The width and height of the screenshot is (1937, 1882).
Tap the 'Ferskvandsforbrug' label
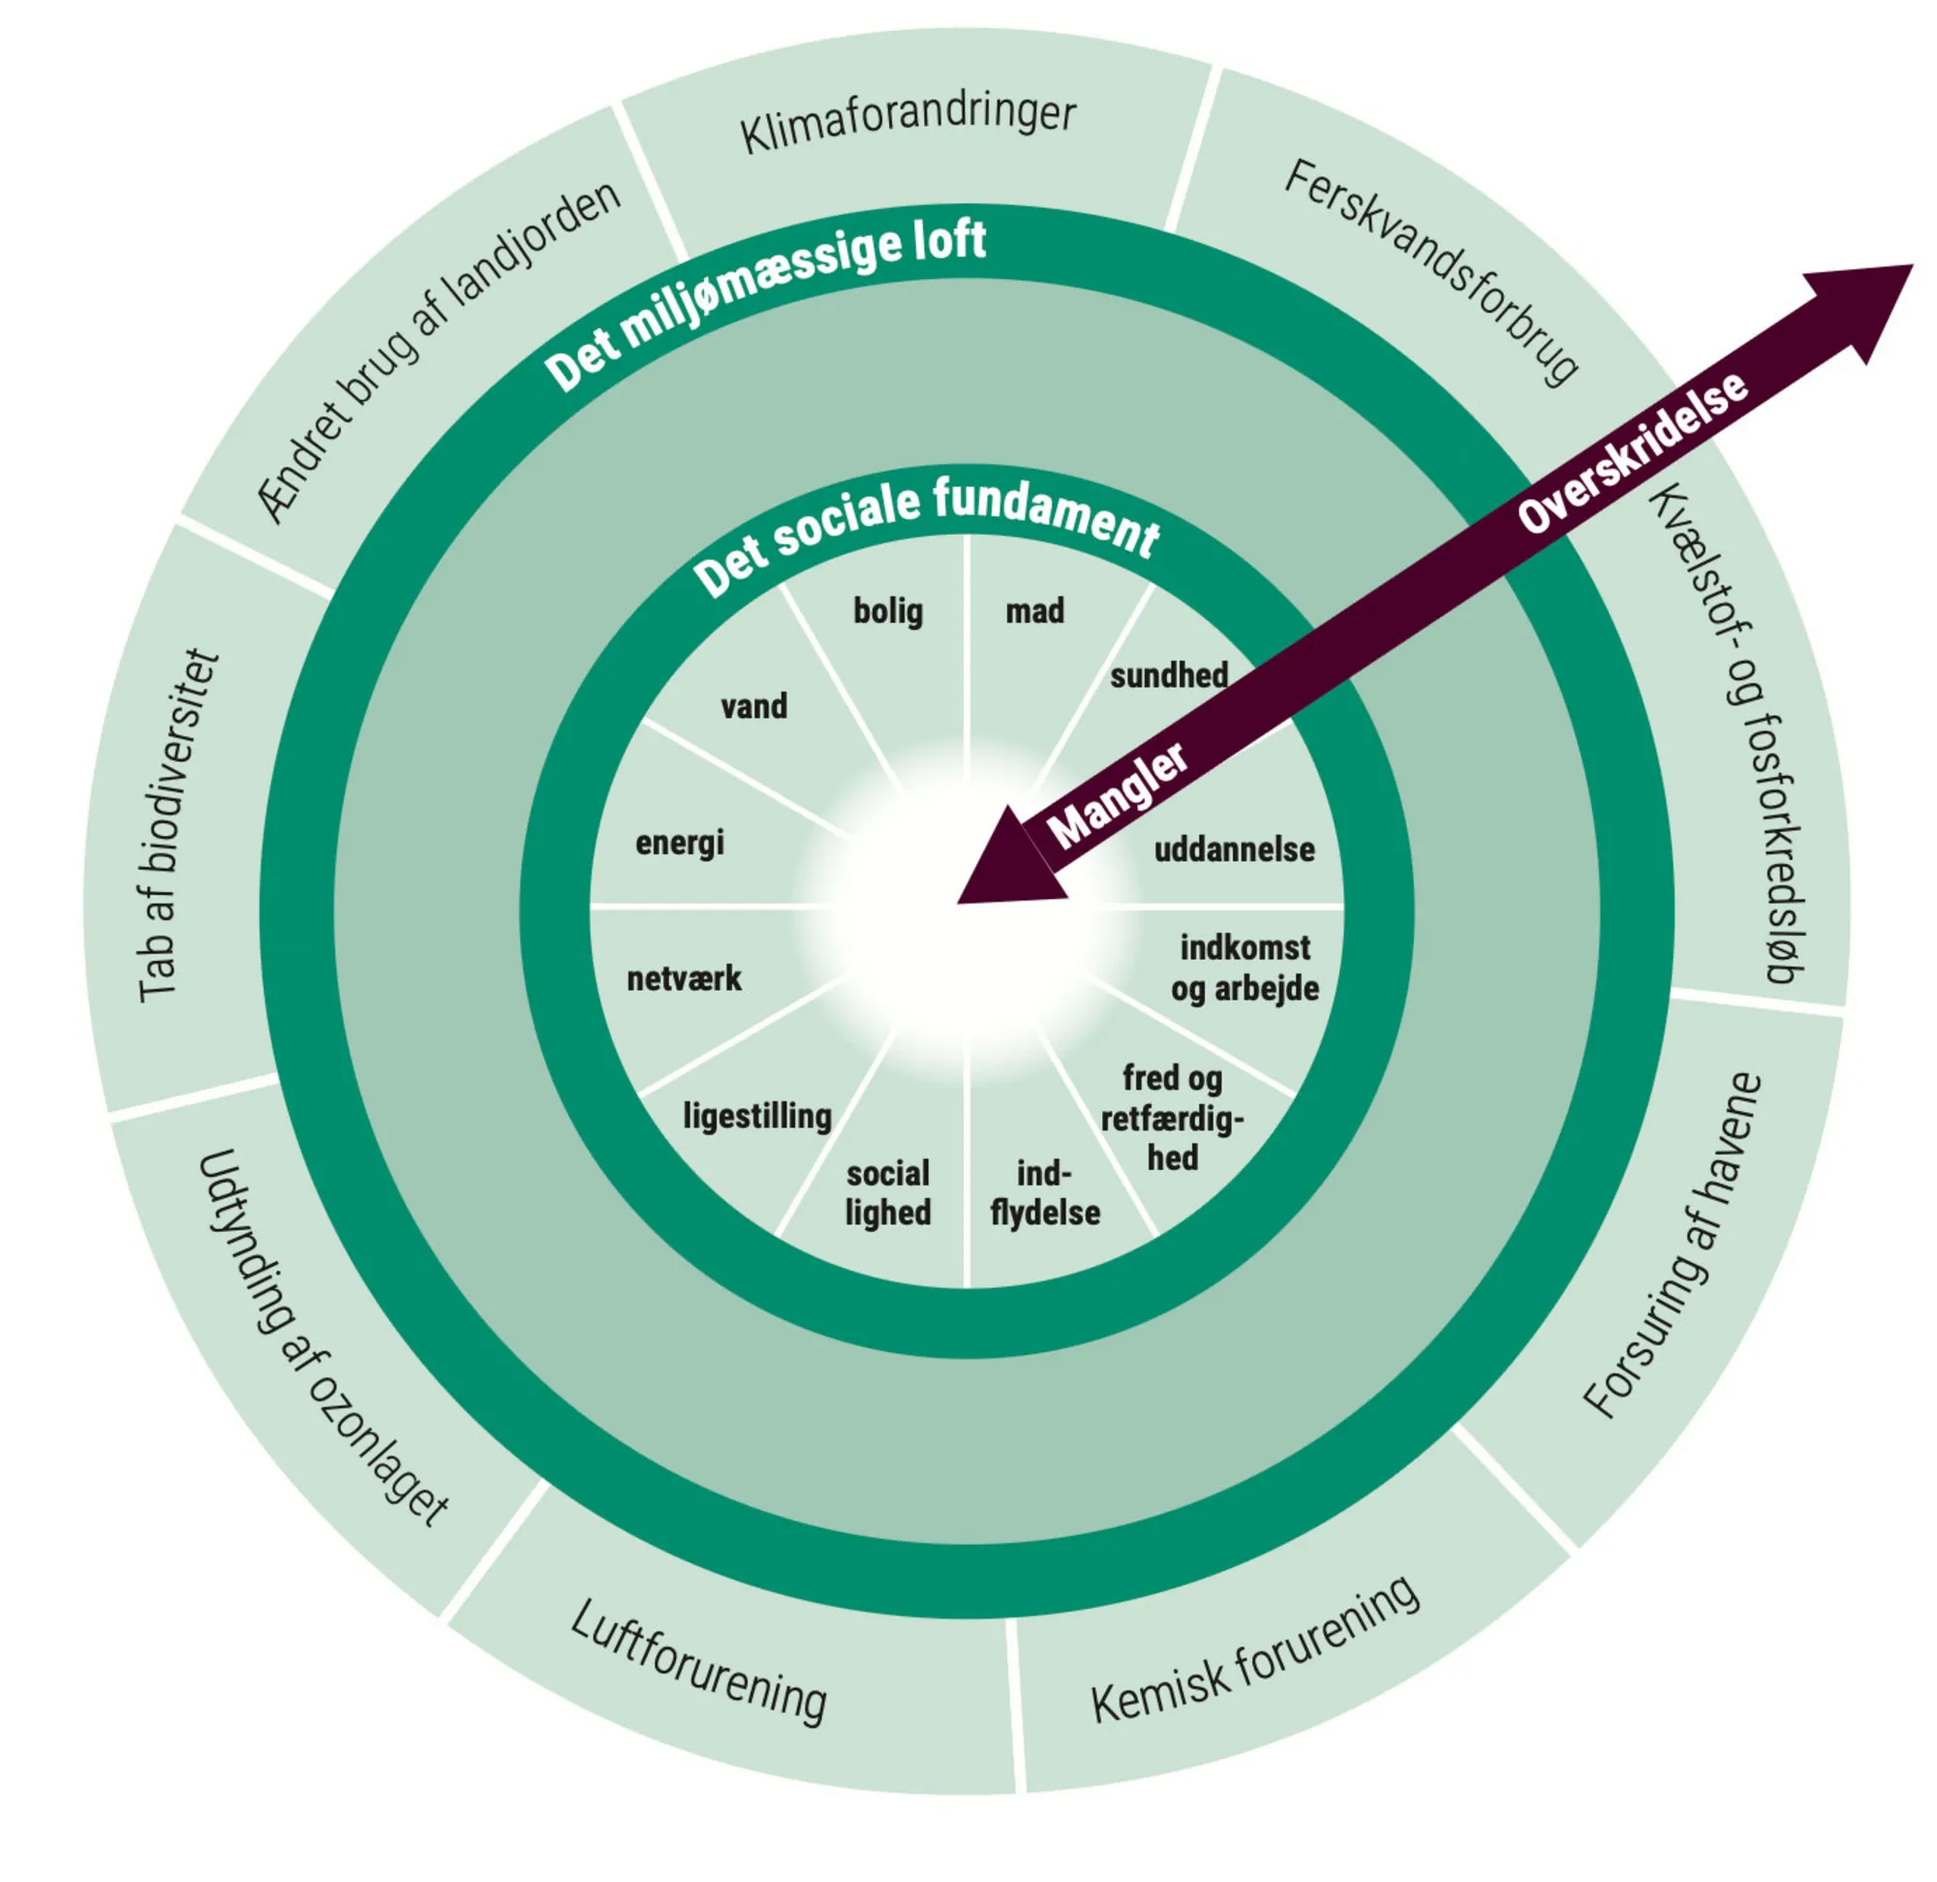[1431, 271]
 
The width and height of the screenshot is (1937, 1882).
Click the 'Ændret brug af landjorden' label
[439, 351]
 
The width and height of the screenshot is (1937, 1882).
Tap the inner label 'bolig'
[888, 611]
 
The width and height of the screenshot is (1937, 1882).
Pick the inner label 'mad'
[1034, 611]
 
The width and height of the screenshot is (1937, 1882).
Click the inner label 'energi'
[680, 843]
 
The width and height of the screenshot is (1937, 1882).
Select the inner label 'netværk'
[684, 978]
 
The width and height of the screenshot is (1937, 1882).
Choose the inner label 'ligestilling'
[757, 1116]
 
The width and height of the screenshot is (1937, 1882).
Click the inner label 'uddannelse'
[1234, 849]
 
